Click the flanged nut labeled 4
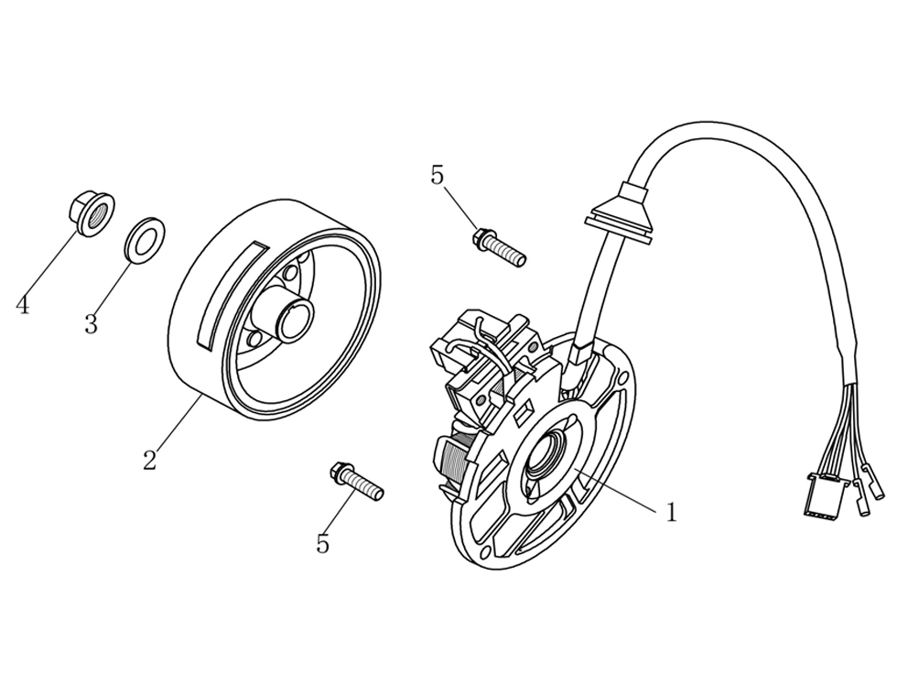tap(92, 212)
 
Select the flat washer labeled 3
tap(143, 239)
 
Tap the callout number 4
tap(23, 305)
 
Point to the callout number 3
tap(91, 324)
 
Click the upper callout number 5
tap(437, 175)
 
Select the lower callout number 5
tap(322, 544)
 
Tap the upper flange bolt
tap(500, 248)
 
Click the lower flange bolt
tap(358, 482)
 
